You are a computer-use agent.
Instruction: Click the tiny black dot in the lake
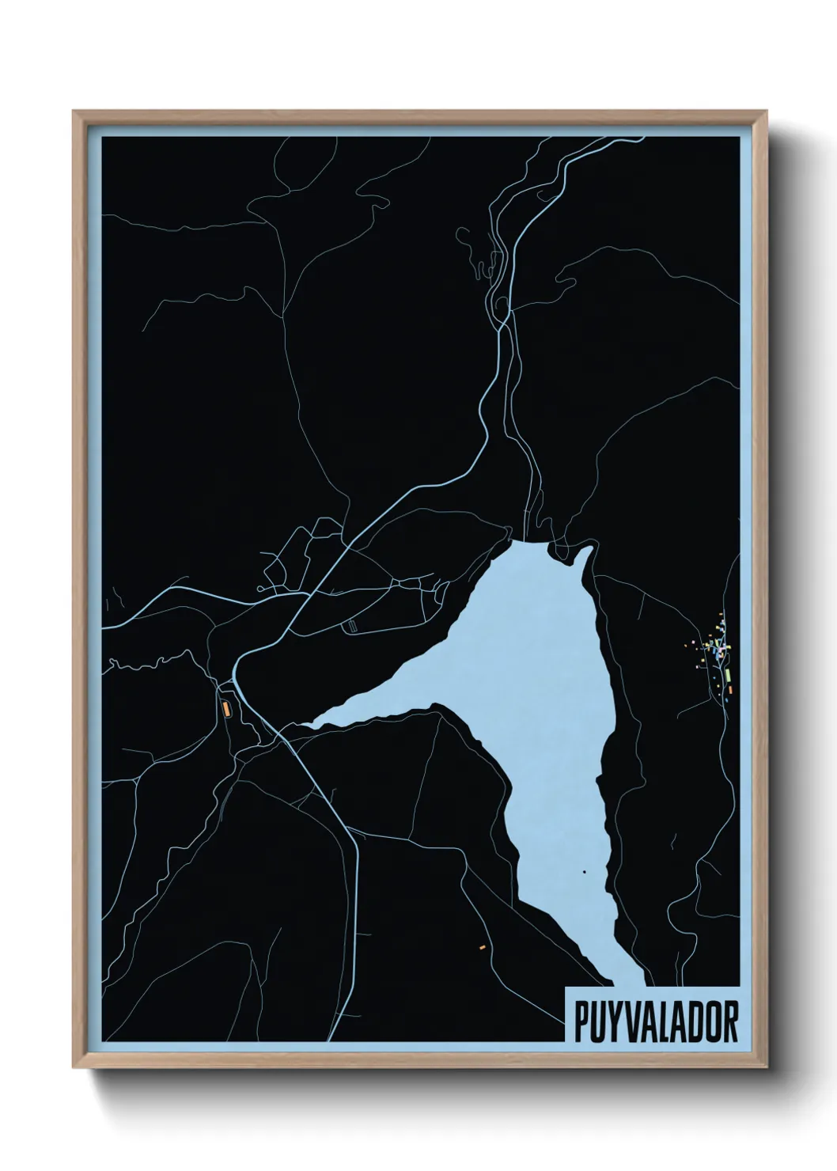pyautogui.click(x=584, y=872)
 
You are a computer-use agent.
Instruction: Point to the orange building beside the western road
pyautogui.click(x=225, y=707)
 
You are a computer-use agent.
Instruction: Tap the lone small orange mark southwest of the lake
pyautogui.click(x=481, y=946)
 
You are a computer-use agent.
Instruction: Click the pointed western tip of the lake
pyautogui.click(x=305, y=724)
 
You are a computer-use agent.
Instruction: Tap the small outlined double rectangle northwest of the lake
pyautogui.click(x=353, y=626)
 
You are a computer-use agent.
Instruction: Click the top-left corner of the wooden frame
pyautogui.click(x=74, y=112)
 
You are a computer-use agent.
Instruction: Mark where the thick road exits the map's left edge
pyautogui.click(x=103, y=627)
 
